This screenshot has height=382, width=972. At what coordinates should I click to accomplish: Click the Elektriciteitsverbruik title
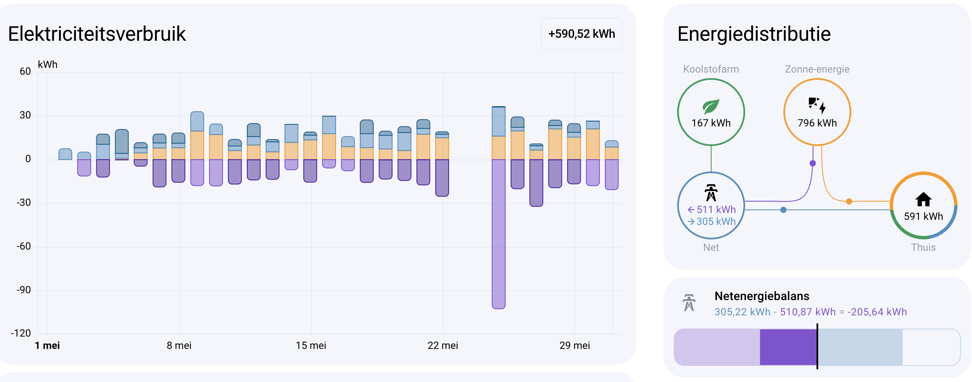point(97,34)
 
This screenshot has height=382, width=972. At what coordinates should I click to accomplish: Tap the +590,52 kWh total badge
point(582,34)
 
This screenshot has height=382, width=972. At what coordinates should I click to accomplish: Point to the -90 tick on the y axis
point(24,290)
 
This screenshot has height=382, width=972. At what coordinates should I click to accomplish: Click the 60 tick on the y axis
point(25,71)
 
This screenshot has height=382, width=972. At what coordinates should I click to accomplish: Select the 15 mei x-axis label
point(311,345)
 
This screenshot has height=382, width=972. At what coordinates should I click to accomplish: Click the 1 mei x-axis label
point(47,345)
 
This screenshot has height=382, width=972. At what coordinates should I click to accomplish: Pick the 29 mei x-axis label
point(575,345)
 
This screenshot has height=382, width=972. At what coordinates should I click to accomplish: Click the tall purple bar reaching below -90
point(499,234)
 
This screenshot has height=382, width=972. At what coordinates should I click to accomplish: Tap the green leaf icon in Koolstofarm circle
point(711,107)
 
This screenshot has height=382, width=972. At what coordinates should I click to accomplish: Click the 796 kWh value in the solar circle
point(817,123)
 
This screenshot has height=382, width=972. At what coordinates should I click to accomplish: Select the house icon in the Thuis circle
point(923,199)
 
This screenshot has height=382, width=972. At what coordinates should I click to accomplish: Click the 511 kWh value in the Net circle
point(716,210)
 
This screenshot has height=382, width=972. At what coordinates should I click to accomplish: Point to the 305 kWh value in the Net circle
point(716,222)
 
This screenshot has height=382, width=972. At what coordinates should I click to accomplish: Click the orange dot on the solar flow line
point(849,202)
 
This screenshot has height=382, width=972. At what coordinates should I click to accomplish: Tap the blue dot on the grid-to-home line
point(783,210)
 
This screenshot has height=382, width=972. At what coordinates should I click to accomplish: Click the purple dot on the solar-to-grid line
point(813,163)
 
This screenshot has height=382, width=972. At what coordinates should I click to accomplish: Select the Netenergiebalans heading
point(762,296)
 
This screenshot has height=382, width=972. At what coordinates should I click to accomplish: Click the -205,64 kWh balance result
point(877,312)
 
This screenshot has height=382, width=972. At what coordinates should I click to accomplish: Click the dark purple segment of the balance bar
point(788,347)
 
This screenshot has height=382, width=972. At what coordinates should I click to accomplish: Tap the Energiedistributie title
point(754,34)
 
